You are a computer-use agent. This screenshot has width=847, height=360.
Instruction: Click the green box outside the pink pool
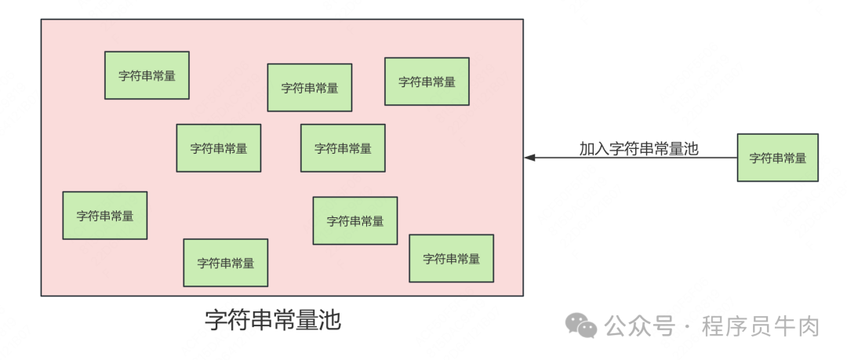coord(777,158)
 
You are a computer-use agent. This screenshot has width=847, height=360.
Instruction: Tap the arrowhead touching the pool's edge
coord(529,158)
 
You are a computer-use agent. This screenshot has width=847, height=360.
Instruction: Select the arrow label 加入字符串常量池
coord(638,148)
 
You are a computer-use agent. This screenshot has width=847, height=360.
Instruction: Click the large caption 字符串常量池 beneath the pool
coord(273,320)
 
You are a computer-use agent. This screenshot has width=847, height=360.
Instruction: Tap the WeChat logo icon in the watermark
coord(582,325)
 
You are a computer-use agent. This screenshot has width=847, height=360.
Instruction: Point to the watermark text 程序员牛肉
coord(760,325)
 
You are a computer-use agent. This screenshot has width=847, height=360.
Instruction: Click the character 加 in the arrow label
coord(587,148)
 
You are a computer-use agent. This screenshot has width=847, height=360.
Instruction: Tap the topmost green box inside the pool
coord(147,75)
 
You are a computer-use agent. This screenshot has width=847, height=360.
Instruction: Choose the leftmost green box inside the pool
coord(105,216)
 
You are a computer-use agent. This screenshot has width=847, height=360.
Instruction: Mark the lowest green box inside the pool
coord(226,263)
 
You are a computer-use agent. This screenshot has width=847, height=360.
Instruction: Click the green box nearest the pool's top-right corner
coord(427,82)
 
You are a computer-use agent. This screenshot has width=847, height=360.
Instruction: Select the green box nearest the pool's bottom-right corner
coord(451,258)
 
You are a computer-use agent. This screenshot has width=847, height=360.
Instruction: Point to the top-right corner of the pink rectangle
coord(523,20)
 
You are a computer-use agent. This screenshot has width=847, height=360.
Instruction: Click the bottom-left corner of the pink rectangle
coord(42,296)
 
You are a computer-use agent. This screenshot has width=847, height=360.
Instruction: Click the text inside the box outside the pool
coord(777,158)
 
